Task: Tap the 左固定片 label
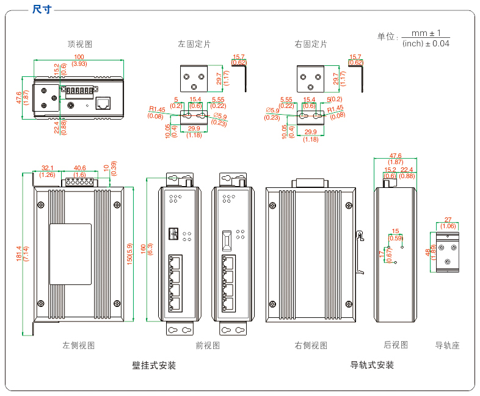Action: coord(194,45)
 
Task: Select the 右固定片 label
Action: coord(310,45)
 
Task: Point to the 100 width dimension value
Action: coord(79,57)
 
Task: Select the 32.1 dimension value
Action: coord(48,168)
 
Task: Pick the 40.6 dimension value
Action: coord(79,168)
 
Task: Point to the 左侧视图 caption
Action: coord(79,345)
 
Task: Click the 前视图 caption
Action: coord(208,345)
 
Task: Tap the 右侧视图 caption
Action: coord(310,345)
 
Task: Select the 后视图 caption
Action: coord(396,345)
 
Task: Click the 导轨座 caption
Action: coord(447,345)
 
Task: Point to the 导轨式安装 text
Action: coord(372,365)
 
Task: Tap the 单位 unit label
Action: coord(387,37)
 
